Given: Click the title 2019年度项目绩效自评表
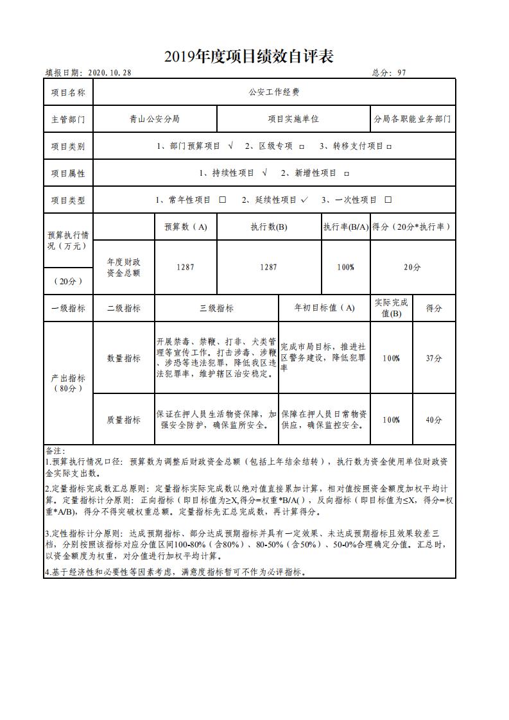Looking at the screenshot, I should tap(248, 57).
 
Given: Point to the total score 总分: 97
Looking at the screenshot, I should tap(389, 73).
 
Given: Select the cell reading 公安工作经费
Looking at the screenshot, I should tap(274, 92).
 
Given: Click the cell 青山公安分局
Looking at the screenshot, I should tap(154, 119).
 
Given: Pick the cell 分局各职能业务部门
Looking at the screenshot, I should tap(412, 119).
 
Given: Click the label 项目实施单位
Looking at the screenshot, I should tap(293, 119).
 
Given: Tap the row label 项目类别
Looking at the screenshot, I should tap(68, 146).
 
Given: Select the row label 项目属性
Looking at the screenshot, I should tap(68, 173).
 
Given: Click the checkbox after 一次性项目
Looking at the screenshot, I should tap(388, 200).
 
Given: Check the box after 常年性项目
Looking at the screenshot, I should tap(223, 200).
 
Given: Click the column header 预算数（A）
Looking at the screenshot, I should tap(185, 227).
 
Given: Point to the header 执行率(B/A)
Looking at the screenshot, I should tap(345, 227).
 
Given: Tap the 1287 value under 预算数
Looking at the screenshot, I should tap(185, 267).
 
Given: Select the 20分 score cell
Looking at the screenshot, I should tap(412, 267).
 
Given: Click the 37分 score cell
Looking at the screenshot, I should tap(434, 358).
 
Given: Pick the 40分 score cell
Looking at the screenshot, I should tap(434, 420).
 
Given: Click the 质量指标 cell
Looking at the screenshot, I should tap(124, 420).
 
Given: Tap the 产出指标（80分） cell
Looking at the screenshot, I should tap(68, 383).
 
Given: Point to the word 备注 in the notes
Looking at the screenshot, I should tap(55, 450).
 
